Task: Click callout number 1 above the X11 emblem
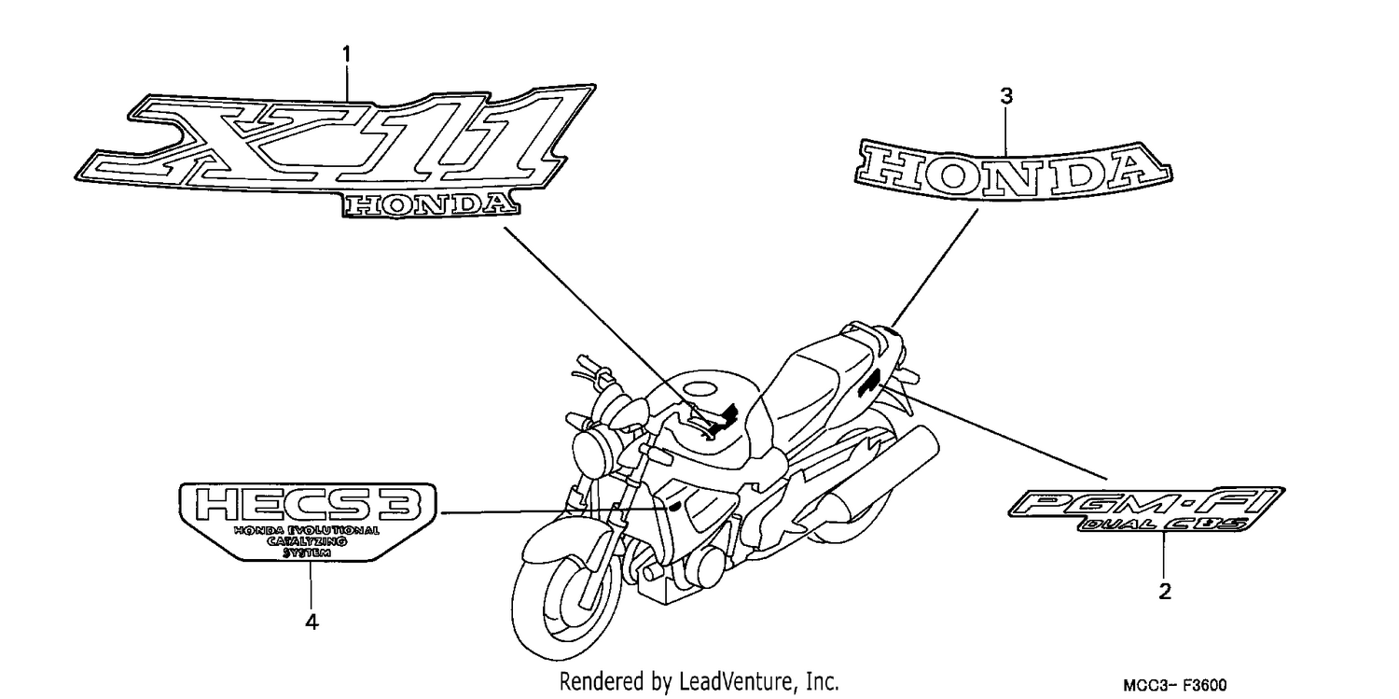(x=347, y=55)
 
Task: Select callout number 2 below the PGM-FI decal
(x=1165, y=591)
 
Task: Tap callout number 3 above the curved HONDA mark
(x=1006, y=96)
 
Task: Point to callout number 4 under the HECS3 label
(x=312, y=622)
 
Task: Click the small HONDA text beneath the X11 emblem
(x=431, y=205)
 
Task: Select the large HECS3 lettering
(x=307, y=505)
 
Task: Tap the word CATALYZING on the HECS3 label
(x=307, y=541)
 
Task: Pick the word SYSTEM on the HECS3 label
(x=307, y=552)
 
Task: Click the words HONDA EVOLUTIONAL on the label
(x=307, y=531)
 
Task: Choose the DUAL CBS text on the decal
(x=1164, y=524)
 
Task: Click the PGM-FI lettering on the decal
(x=1146, y=503)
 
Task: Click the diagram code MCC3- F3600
(x=1175, y=685)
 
